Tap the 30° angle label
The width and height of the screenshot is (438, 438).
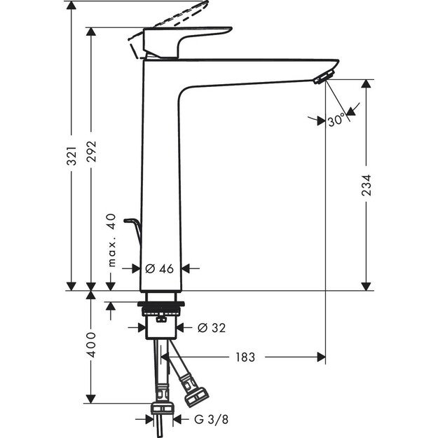[x=337, y=121]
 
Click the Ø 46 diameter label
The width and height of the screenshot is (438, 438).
[x=159, y=268]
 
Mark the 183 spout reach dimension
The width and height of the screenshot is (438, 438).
[x=245, y=357]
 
